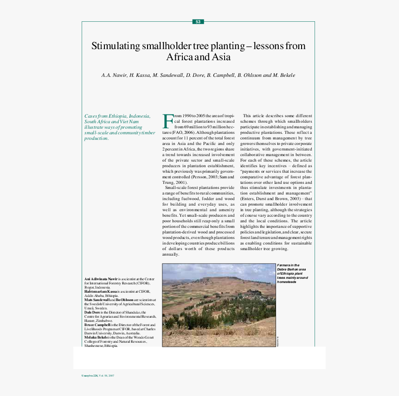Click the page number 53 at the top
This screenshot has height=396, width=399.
click(x=198, y=22)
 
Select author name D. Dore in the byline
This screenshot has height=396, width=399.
click(x=195, y=75)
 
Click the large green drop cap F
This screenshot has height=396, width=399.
click(x=167, y=121)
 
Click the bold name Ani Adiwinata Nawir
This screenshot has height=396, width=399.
click(x=101, y=279)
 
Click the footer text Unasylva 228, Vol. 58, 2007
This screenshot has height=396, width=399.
click(x=98, y=375)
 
